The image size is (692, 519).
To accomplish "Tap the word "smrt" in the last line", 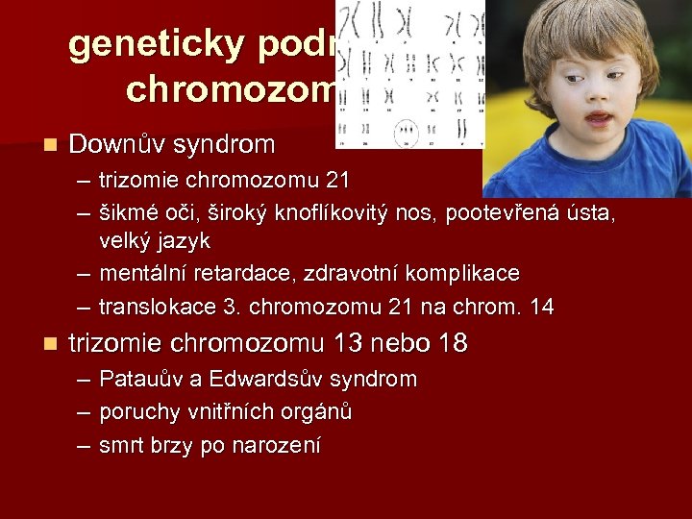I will coord(120,446).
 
